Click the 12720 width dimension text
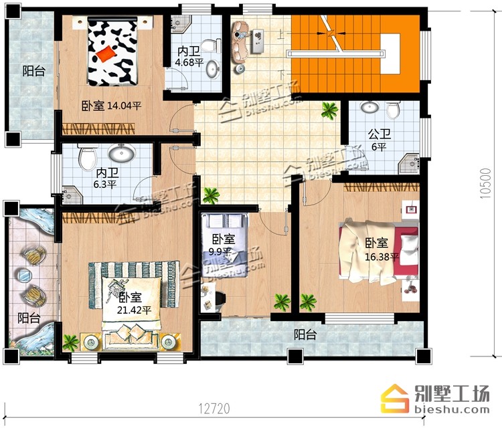coord(214,409)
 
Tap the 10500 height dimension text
coord(485,184)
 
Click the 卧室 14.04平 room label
coord(111,106)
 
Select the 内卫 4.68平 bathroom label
coord(189,56)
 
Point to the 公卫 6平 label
coord(379,140)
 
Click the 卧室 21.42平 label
coord(134,303)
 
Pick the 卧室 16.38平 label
coord(382,249)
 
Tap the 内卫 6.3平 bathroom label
coord(106,178)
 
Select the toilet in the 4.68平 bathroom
coord(212,45)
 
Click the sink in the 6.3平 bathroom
coord(121,152)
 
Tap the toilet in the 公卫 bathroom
coord(393,110)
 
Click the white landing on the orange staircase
coord(390,53)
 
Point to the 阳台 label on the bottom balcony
coord(305,335)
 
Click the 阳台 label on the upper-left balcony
coord(33,71)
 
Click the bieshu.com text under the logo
coord(452,409)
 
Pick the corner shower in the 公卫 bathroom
coord(409,164)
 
